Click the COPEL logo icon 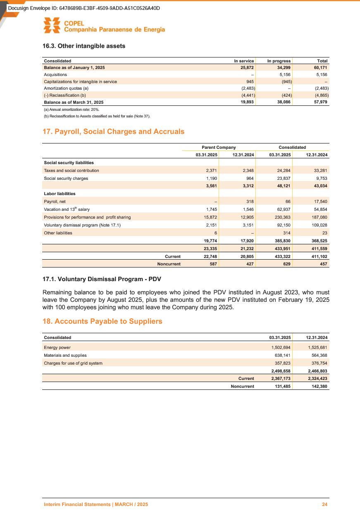(x=52, y=26)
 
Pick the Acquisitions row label (x=55, y=74)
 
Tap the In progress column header (x=279, y=61)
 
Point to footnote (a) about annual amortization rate (x=72, y=110)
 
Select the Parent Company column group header (x=219, y=147)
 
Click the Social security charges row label (x=66, y=178)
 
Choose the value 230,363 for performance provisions (x=282, y=217)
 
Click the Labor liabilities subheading (x=60, y=193)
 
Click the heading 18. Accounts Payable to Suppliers (x=103, y=321)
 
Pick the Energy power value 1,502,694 (x=282, y=347)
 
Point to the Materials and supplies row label (x=65, y=355)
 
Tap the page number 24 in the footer (x=325, y=505)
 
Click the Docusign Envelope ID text (x=84, y=8)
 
